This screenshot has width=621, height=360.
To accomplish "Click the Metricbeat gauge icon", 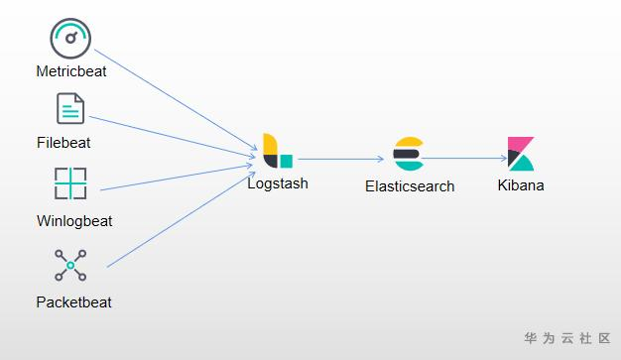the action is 70,39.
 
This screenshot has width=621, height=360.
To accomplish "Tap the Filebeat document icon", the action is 70,108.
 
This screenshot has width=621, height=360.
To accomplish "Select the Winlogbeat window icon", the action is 70,183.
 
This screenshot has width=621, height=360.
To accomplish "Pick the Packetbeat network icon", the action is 70,266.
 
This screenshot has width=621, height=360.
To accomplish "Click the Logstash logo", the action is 278,151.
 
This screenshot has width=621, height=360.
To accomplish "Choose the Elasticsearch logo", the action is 409,154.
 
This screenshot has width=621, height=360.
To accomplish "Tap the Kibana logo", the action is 521,154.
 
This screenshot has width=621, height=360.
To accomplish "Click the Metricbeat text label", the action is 71,71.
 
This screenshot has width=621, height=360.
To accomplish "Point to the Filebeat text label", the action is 63,143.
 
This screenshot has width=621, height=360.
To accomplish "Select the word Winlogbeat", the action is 74,221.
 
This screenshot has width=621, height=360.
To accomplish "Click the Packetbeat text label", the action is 74,302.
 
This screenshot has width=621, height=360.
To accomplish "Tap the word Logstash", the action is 278,183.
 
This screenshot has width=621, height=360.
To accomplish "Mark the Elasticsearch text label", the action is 410,186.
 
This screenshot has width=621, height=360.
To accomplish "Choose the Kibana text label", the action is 521,185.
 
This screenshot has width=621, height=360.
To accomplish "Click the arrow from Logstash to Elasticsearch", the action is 340,160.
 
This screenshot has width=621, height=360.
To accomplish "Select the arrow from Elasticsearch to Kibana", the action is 464,159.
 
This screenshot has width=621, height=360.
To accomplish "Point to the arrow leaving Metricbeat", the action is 176,100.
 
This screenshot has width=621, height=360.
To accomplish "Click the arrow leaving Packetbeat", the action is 181,219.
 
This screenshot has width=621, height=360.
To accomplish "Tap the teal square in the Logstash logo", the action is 287,162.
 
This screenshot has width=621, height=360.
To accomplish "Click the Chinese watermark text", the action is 567,338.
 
